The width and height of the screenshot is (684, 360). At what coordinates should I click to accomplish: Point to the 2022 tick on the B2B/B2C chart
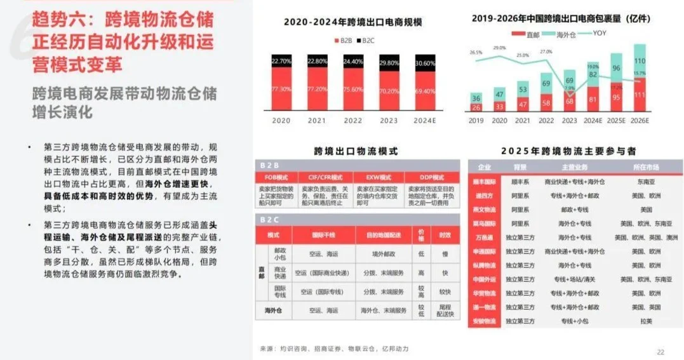[x=352, y=119]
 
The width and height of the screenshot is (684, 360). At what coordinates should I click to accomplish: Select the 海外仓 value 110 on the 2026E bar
[x=640, y=60]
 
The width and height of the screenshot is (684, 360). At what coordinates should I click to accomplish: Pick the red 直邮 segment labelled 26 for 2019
[x=476, y=107]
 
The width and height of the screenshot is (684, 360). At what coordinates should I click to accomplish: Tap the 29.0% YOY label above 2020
[x=499, y=48]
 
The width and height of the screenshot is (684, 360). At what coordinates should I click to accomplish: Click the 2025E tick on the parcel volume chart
[x=616, y=120]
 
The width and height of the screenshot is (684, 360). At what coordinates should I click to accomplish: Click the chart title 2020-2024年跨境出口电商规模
[x=352, y=22]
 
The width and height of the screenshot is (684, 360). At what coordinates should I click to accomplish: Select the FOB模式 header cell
[x=276, y=177]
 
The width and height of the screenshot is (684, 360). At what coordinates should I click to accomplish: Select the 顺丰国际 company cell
[x=485, y=182]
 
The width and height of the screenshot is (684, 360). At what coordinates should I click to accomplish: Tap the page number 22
[x=661, y=352]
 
